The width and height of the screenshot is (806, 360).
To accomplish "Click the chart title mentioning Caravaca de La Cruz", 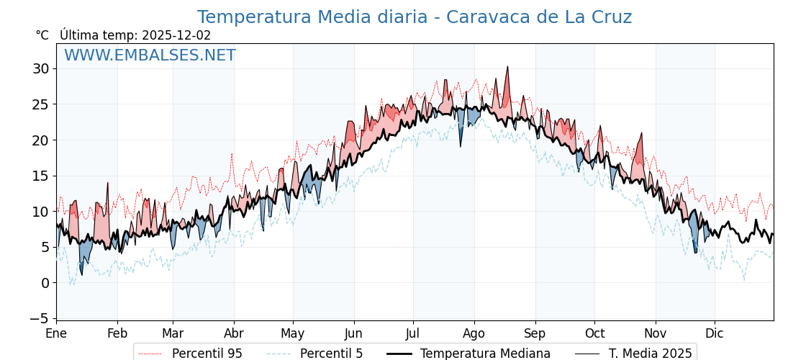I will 414,17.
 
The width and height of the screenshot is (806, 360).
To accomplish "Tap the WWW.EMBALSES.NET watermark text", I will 150,55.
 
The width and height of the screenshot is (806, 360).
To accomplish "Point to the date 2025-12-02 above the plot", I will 176,35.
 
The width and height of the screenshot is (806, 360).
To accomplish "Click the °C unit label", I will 42,35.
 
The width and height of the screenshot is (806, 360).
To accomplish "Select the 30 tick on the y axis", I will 40,69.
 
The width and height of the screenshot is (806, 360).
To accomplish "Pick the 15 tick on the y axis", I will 40,176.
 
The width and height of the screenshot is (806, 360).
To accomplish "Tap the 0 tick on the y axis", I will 45,283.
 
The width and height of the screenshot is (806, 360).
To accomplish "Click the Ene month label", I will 56,333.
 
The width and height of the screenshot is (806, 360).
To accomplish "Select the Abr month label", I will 234,333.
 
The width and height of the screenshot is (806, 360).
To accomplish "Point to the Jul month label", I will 413,333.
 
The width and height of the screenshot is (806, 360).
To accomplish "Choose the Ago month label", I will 474,333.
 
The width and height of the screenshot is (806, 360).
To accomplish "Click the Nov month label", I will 656,333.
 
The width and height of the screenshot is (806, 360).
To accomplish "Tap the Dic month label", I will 715,333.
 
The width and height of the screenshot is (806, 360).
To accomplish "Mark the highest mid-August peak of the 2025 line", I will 507,67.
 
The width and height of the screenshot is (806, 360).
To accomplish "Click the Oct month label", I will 594,333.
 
